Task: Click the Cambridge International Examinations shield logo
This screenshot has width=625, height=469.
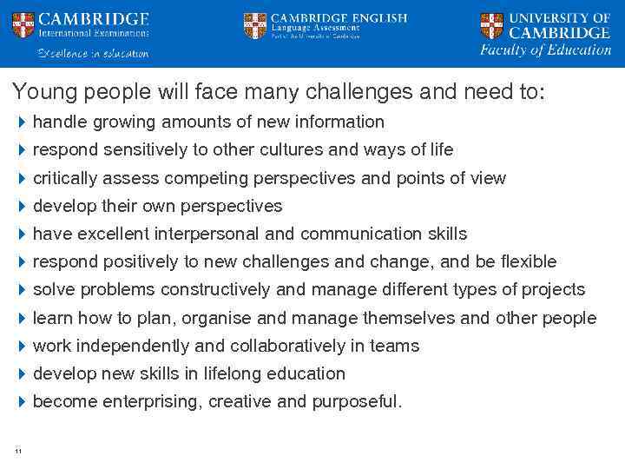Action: pyautogui.click(x=23, y=24)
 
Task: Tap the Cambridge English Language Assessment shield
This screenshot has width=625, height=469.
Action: pyautogui.click(x=255, y=24)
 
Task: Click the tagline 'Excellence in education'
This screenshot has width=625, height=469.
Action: pyautogui.click(x=93, y=54)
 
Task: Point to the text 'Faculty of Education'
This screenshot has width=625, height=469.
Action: pyautogui.click(x=546, y=50)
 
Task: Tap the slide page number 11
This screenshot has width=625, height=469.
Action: pyautogui.click(x=18, y=449)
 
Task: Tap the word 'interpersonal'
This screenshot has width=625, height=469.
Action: pyautogui.click(x=208, y=234)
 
